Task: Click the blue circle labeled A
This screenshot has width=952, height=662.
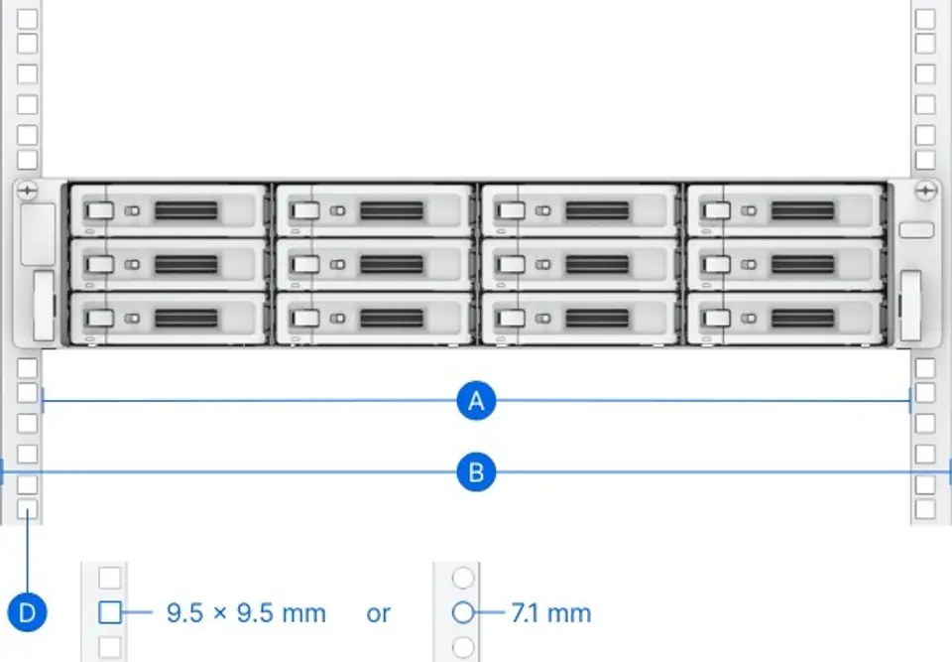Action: pos(476,401)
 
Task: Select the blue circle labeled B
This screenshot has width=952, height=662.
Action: pos(476,472)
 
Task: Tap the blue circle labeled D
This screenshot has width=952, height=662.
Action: pos(28,612)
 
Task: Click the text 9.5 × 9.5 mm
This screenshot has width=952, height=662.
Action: pos(246,612)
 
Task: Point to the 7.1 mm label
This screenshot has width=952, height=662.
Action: pos(550,612)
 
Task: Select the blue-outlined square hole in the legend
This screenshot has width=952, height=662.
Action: pos(110,612)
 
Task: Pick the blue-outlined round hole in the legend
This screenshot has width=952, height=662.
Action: pos(463,612)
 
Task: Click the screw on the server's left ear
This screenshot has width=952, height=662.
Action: pos(28,191)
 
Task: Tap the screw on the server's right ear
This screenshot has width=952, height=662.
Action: pos(925,191)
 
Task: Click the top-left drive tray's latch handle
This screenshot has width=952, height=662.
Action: pos(99,211)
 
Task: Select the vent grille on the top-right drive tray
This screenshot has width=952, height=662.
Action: pos(802,211)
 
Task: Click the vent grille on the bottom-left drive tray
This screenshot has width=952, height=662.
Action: pos(186,318)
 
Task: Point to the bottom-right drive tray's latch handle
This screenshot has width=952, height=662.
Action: pos(716,318)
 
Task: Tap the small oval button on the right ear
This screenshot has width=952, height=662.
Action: pos(916,230)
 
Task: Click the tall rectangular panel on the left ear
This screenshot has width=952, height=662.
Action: pos(39,234)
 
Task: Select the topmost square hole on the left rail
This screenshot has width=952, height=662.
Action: pos(28,19)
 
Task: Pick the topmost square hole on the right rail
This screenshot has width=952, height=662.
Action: pos(924,19)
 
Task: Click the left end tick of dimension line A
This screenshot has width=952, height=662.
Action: pos(42,401)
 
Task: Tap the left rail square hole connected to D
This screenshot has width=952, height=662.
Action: pos(28,509)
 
